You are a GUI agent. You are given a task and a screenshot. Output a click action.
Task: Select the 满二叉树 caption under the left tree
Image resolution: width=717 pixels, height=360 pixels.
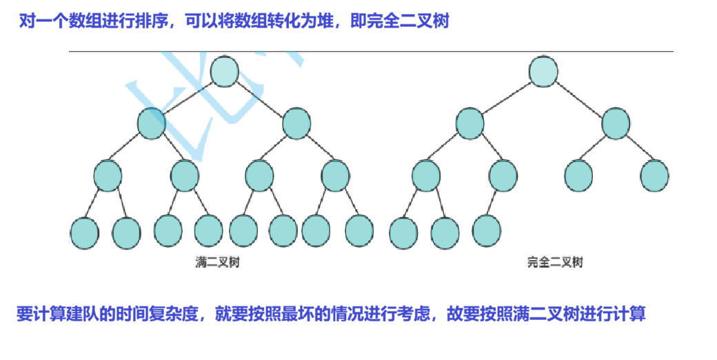(x=217, y=263)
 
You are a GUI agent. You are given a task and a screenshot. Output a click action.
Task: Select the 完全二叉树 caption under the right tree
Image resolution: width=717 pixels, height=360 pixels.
(x=555, y=263)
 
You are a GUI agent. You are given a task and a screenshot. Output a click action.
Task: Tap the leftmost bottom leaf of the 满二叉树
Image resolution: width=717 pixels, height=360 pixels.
(x=84, y=233)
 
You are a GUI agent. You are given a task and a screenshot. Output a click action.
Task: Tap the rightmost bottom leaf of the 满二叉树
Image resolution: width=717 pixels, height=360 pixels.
(x=358, y=231)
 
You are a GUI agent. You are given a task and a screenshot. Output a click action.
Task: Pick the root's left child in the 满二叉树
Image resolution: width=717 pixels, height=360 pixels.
(x=152, y=123)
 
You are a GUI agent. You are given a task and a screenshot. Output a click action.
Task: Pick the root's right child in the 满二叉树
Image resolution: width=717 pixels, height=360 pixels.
(x=297, y=123)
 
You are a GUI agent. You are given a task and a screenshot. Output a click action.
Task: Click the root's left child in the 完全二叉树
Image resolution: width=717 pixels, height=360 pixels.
(x=470, y=123)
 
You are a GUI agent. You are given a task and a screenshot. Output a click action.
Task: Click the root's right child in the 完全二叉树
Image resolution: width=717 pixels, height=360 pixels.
(x=616, y=123)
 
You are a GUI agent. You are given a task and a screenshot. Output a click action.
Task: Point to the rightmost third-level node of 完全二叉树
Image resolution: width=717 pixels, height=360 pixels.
(x=654, y=176)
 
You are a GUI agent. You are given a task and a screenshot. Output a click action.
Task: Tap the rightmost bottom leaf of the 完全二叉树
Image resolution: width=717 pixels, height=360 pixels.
(x=486, y=230)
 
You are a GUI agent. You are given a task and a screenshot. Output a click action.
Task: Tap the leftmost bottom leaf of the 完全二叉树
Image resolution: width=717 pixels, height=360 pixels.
(x=403, y=233)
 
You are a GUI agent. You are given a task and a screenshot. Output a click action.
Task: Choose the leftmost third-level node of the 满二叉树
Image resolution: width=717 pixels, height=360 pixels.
(x=108, y=176)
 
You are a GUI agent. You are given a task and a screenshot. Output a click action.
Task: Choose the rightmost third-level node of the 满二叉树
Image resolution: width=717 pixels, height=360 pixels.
(x=336, y=175)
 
